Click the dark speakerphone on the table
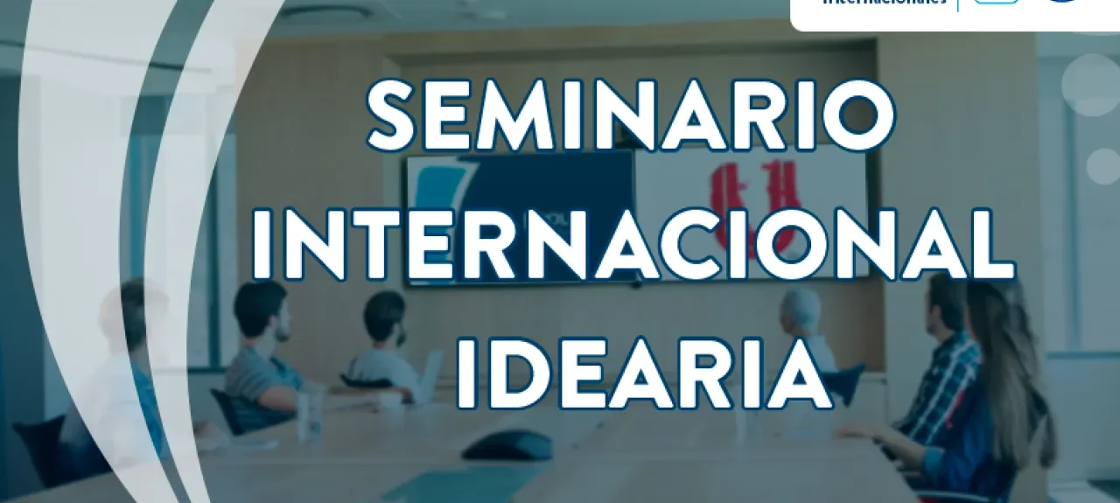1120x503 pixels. pyautogui.click(x=507, y=445)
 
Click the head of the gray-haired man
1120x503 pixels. pyautogui.click(x=801, y=311)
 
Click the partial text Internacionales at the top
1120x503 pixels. pyautogui.click(x=884, y=3)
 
